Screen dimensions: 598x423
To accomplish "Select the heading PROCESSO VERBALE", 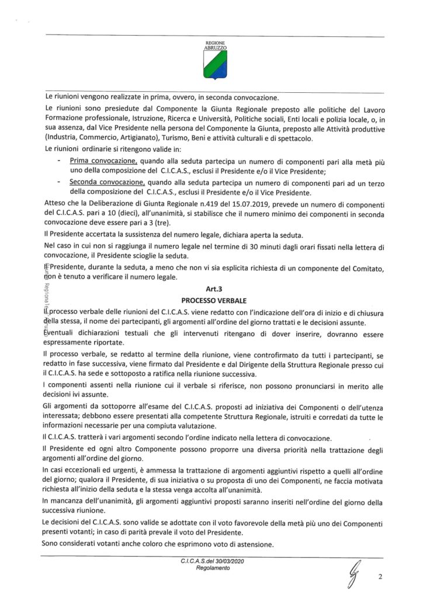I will coord(214,300).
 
